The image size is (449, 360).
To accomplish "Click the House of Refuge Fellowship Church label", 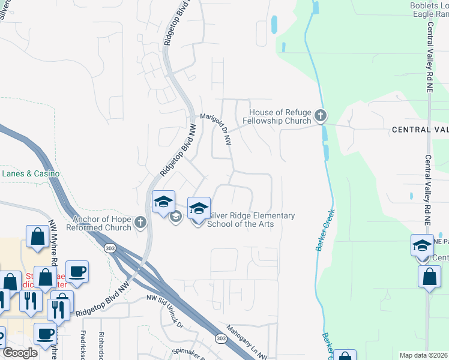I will [277, 116].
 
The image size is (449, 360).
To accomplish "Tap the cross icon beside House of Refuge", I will [321, 115].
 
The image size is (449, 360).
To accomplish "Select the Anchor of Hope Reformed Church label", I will [101, 223].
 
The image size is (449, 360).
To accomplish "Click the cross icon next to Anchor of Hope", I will [140, 223].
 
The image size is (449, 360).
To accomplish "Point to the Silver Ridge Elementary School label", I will [250, 220].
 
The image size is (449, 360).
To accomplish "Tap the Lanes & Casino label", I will [31, 173].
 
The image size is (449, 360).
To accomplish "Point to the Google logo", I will [20, 353].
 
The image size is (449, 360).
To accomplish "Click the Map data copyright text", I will [423, 355].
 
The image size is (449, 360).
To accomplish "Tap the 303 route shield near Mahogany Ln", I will [221, 339].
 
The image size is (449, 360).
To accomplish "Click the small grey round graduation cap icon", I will [176, 217].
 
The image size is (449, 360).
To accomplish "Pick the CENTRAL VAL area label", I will [420, 130].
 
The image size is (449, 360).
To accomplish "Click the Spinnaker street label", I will [175, 352].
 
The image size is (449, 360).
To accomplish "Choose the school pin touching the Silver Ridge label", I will [199, 209].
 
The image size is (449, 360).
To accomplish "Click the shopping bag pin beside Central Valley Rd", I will [429, 277].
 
